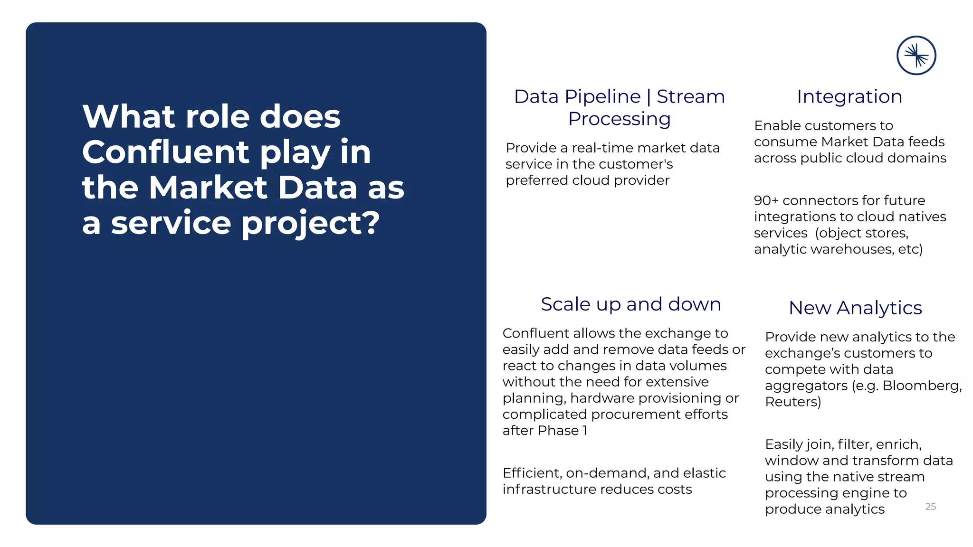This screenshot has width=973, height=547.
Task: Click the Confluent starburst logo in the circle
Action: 916,56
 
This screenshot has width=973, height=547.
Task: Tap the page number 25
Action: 930,507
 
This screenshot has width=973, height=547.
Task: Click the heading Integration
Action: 849,96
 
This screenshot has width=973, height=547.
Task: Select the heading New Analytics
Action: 855,308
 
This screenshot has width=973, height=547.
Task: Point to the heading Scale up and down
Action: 630,304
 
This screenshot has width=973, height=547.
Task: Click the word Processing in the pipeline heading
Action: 619,119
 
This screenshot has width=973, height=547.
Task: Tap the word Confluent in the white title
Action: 165,152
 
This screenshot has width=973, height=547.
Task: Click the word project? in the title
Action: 311,223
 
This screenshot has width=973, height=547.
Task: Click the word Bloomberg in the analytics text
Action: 922,386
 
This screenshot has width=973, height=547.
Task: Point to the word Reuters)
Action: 792,402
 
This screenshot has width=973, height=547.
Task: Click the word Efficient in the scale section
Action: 532,473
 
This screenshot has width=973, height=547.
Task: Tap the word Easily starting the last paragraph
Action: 784,444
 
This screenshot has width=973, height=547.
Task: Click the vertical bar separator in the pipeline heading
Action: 649,97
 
